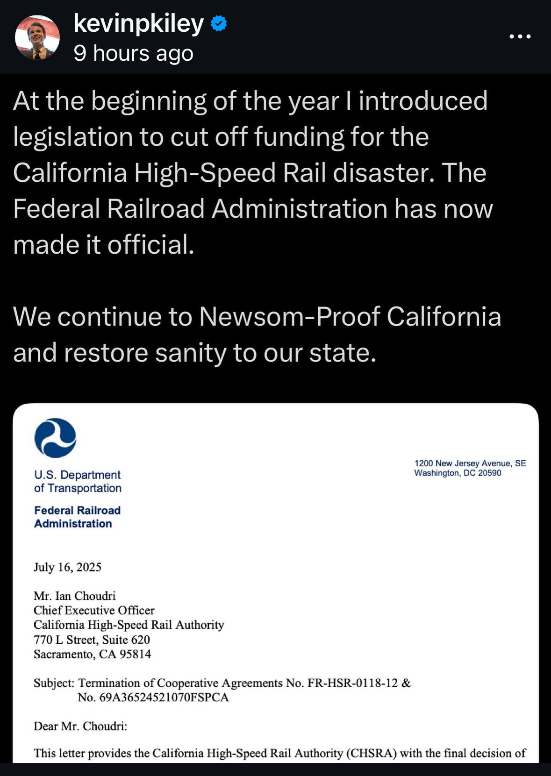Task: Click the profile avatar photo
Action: coord(37,37)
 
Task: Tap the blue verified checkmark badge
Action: coord(219,23)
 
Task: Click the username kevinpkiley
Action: coord(138,23)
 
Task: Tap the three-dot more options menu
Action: coord(520,36)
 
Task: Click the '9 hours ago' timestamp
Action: coord(134,53)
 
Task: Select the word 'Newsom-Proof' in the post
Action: coord(289,317)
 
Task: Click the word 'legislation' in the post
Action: coord(73,137)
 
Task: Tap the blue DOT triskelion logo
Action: coord(55,438)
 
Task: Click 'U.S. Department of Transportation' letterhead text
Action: coord(78,481)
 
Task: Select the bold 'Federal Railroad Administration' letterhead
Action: coord(77,517)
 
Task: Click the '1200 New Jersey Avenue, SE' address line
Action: coord(470,463)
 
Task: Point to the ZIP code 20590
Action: coord(489,473)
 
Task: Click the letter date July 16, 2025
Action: coord(67,567)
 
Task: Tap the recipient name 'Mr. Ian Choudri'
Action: coord(74,596)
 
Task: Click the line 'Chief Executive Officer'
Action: coord(94,610)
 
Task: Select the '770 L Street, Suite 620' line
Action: coord(92,640)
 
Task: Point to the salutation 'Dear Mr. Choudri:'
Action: coord(80,726)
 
